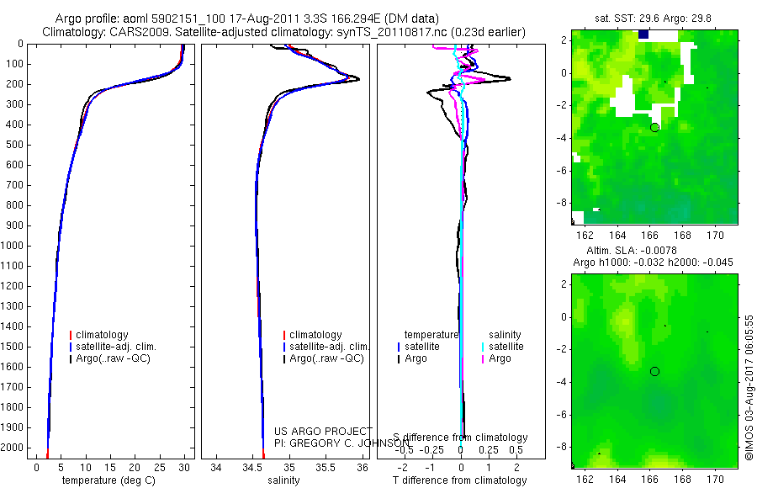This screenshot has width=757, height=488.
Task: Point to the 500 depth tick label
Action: coord(14,145)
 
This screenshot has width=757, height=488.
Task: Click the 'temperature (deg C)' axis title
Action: coord(107,480)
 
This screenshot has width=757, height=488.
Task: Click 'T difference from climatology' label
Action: coord(460,480)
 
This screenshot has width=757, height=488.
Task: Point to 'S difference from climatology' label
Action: coord(460,438)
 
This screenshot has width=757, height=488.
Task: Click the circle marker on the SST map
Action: coord(654,127)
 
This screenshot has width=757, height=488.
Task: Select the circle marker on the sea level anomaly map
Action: coord(654,371)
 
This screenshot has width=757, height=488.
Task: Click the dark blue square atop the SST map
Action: coord(644,34)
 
